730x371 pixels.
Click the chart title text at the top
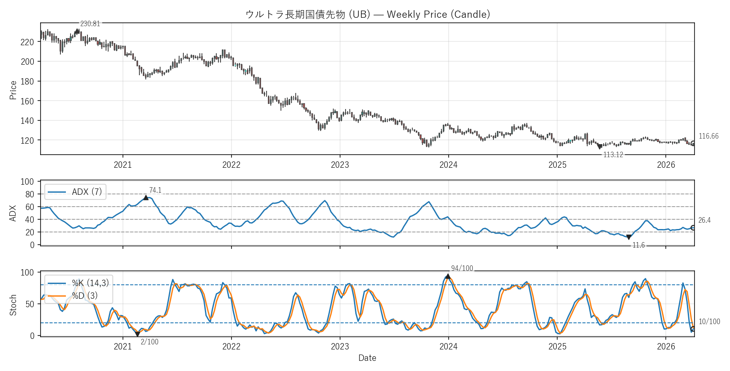click(x=368, y=14)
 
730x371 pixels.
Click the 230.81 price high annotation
click(x=90, y=24)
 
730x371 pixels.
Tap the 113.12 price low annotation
click(x=613, y=155)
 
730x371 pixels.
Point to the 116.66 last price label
click(x=708, y=136)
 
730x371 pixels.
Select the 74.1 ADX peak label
click(x=155, y=190)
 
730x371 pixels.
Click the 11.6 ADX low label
click(x=638, y=245)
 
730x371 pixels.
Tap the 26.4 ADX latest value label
click(x=704, y=220)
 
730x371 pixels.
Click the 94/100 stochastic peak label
click(x=462, y=268)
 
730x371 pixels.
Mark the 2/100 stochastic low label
click(x=150, y=342)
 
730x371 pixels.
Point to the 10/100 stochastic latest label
click(x=709, y=322)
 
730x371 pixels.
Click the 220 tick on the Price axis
click(x=27, y=42)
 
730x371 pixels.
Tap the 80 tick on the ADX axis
click(x=30, y=194)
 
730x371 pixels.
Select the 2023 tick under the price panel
click(x=340, y=165)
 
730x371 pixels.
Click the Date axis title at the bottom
click(x=367, y=358)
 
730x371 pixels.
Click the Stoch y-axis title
click(x=13, y=305)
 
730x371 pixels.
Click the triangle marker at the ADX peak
click(x=146, y=198)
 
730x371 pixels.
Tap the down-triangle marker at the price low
click(x=599, y=147)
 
